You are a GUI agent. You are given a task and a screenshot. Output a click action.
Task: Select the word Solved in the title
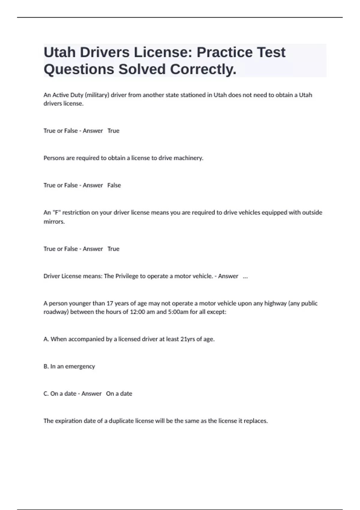[x=142, y=69]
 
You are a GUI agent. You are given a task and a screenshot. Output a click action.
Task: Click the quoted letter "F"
[x=56, y=212]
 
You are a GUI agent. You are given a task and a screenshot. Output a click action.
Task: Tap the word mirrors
[x=54, y=222]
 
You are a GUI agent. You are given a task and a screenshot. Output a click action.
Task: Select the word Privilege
[x=126, y=276]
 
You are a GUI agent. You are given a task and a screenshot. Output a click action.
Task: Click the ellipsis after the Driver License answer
[x=245, y=276]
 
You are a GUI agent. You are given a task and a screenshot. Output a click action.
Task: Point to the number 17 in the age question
[x=110, y=303]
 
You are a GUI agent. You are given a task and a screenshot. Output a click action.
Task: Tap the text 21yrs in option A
[x=188, y=339]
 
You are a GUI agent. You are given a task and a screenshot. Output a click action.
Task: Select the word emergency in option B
[x=80, y=367]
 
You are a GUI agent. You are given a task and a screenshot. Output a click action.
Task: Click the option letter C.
[x=46, y=394]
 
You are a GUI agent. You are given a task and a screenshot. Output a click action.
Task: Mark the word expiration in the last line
[x=68, y=421]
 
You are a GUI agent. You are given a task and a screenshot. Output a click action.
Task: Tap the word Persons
[x=54, y=158]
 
